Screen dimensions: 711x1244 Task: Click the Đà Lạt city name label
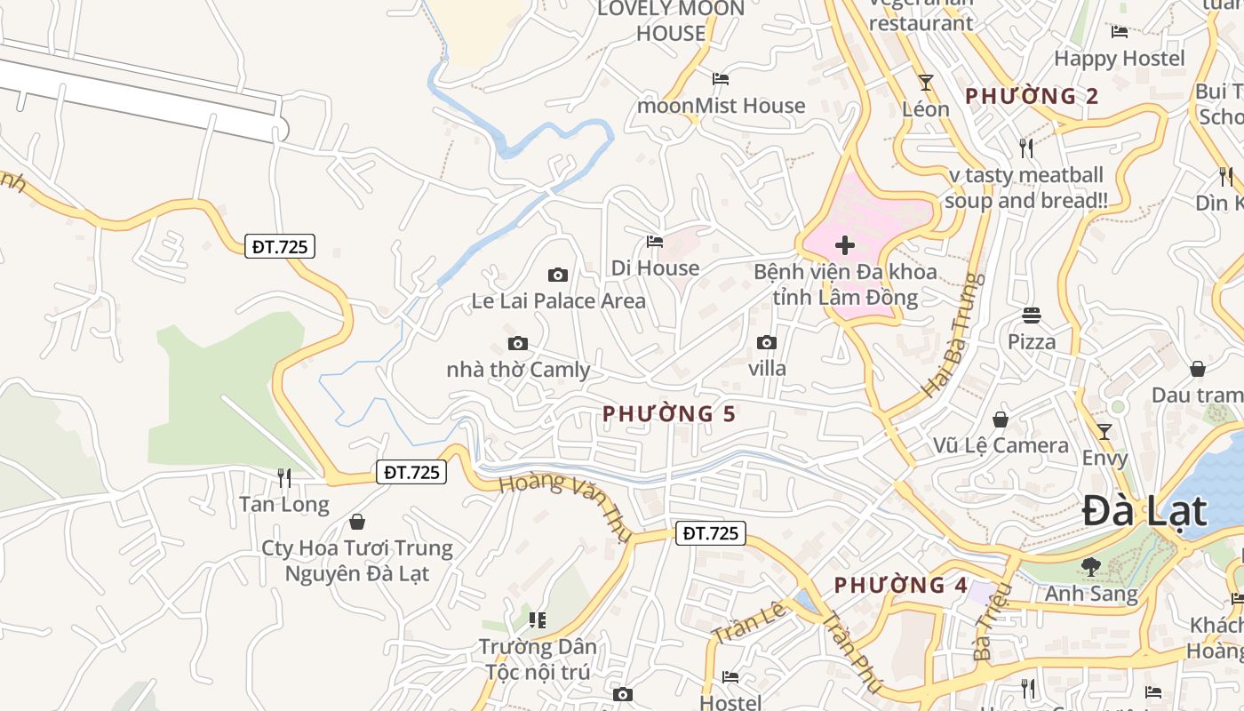[x=1144, y=513]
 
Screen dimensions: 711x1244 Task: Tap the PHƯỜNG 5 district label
[x=669, y=413]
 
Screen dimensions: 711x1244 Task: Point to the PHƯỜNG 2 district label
[x=1032, y=96]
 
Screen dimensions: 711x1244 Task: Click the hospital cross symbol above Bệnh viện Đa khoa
[x=845, y=245]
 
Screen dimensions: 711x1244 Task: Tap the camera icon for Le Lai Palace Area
[x=558, y=275]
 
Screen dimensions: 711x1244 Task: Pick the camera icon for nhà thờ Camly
[x=517, y=343]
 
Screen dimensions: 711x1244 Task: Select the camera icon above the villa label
[x=766, y=342]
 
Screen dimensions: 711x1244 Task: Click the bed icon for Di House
[x=655, y=241]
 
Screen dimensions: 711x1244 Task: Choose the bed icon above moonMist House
[x=721, y=79]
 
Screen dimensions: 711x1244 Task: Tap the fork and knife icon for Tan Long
[x=284, y=478]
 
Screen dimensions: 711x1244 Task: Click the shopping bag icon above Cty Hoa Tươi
[x=357, y=521]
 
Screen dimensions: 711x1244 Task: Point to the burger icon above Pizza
[x=1032, y=315]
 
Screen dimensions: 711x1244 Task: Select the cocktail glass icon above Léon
[x=926, y=83]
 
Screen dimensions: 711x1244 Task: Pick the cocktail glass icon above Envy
[x=1104, y=432]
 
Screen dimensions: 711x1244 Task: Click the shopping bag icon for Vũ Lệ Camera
[x=1001, y=419]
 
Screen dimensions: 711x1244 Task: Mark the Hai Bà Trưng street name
[x=954, y=336]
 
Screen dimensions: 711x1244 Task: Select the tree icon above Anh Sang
[x=1091, y=566]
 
